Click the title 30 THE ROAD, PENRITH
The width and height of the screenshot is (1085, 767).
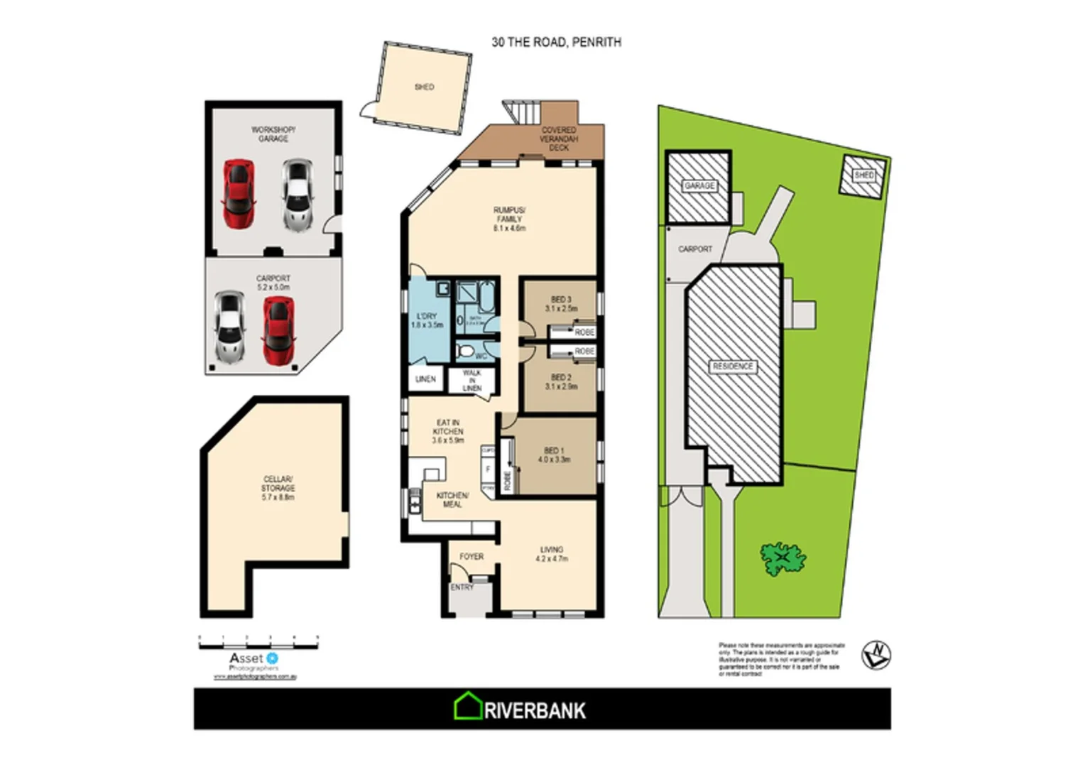tap(556, 43)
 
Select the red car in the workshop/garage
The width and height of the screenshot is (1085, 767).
tap(239, 195)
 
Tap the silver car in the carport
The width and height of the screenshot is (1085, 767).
tap(228, 327)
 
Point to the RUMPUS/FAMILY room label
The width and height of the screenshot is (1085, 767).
tap(509, 219)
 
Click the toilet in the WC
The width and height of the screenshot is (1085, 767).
tap(467, 351)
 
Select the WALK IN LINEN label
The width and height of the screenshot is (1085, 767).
tap(471, 381)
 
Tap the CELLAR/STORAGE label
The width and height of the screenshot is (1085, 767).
tap(278, 488)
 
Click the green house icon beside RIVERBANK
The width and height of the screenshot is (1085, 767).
tap(468, 707)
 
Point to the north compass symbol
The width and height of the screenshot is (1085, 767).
tap(876, 654)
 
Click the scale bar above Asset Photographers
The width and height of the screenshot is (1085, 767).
tap(258, 643)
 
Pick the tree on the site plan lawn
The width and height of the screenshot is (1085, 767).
tap(783, 558)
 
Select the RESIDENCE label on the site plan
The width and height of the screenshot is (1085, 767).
tap(733, 366)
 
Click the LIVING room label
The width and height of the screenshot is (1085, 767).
tap(552, 554)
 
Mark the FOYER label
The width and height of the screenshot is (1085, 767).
tap(471, 557)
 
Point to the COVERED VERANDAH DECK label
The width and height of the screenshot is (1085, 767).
tap(559, 138)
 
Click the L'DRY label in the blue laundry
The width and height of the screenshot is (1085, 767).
tap(427, 320)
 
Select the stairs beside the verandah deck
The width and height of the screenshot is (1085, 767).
tap(523, 112)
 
